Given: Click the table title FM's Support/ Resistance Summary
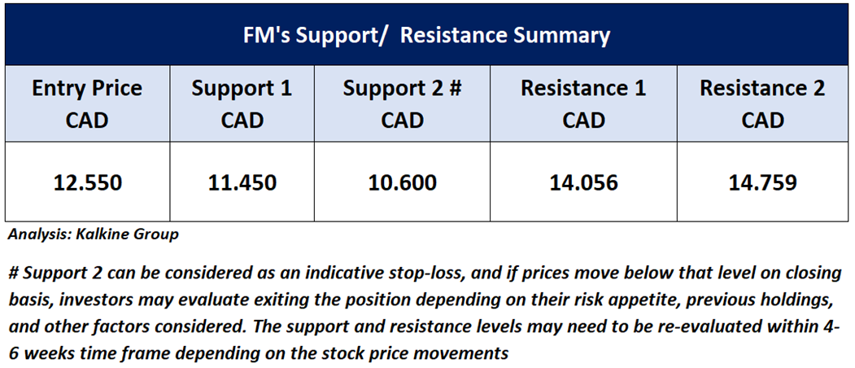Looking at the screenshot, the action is (426, 36).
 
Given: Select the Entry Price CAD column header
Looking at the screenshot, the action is (87, 103).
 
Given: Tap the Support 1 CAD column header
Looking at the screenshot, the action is (242, 103).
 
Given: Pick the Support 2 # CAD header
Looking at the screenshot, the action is (402, 103).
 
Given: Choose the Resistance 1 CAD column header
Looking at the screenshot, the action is (583, 103).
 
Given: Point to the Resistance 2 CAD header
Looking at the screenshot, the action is (762, 103).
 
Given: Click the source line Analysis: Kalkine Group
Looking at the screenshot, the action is (94, 235).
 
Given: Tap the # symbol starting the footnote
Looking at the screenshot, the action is (14, 274).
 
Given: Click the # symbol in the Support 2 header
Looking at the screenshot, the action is (454, 89).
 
